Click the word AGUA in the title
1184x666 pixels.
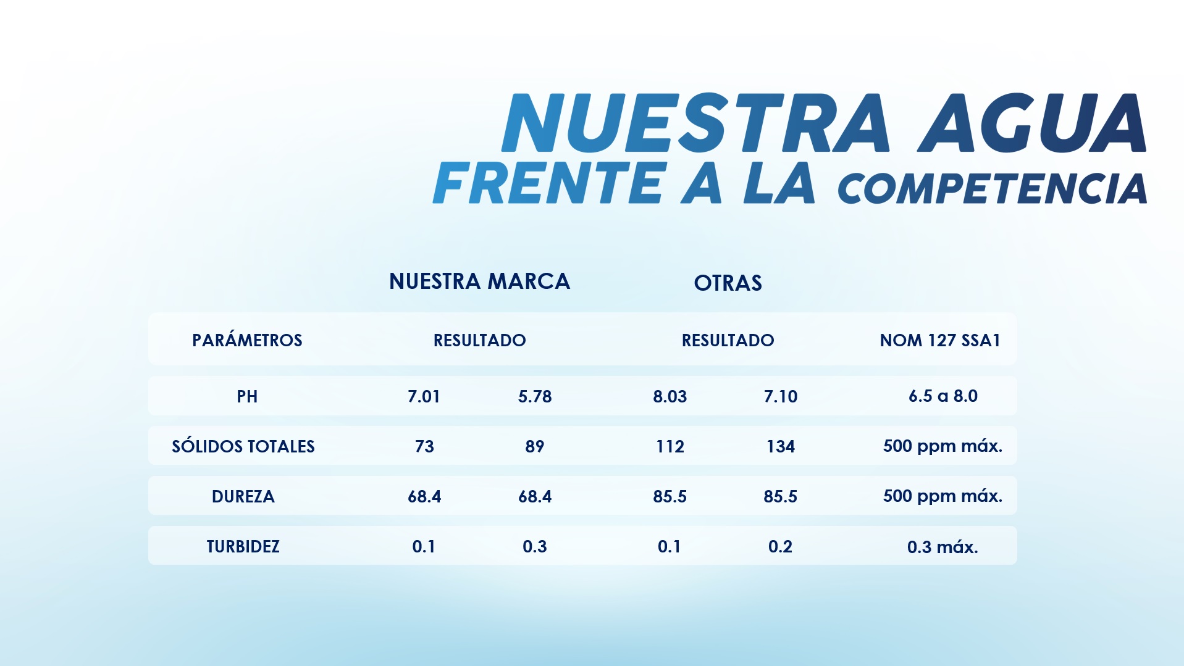click(1031, 123)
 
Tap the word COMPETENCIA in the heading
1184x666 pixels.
click(992, 188)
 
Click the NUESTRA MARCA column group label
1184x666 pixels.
click(479, 281)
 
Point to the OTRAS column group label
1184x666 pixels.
click(728, 283)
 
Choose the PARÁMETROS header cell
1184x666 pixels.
click(247, 340)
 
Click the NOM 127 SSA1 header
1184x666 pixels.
click(939, 340)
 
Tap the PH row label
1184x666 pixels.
click(247, 396)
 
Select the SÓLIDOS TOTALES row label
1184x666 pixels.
click(243, 446)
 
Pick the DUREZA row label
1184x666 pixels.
click(243, 496)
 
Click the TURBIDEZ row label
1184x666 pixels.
click(243, 546)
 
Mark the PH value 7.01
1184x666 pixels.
click(424, 396)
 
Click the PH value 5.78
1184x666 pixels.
click(535, 396)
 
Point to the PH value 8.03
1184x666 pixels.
click(670, 396)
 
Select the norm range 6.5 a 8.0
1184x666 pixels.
click(943, 396)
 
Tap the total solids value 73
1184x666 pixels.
click(424, 446)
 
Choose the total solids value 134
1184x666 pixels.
click(781, 446)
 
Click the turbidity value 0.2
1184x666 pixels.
click(780, 546)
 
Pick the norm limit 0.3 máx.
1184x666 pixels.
click(943, 547)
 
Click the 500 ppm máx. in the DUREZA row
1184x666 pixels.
click(943, 496)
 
